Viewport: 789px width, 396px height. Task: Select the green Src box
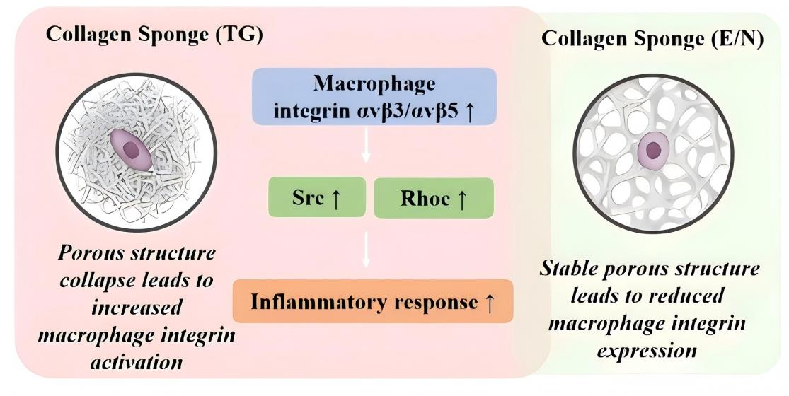click(x=316, y=197)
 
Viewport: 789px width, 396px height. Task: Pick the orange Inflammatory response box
click(x=372, y=302)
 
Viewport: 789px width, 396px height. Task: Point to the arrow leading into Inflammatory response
click(x=366, y=251)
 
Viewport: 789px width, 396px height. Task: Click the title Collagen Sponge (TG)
click(x=154, y=35)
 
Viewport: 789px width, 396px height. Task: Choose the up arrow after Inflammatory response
click(x=488, y=303)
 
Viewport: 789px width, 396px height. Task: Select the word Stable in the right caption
click(x=572, y=269)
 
